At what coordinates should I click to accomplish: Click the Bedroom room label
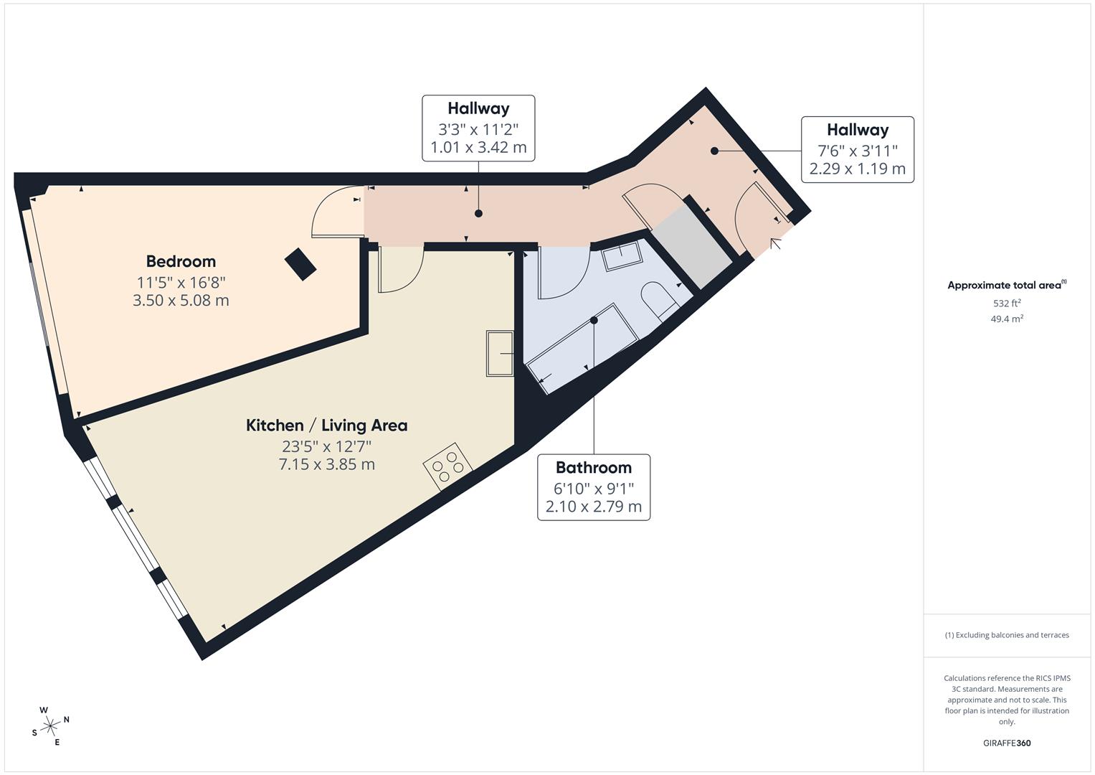pyautogui.click(x=181, y=261)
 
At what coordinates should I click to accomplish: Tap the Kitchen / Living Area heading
pyautogui.click(x=326, y=425)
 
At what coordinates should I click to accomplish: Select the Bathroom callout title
pyautogui.click(x=593, y=468)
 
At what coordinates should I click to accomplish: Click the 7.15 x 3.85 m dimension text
pyautogui.click(x=326, y=464)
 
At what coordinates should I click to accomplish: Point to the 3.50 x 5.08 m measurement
pyautogui.click(x=181, y=300)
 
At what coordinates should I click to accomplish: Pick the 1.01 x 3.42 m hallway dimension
pyautogui.click(x=478, y=148)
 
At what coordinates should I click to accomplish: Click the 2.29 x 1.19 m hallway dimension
pyautogui.click(x=857, y=169)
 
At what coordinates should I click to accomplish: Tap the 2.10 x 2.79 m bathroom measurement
pyautogui.click(x=593, y=507)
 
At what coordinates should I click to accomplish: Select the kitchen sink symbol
pyautogui.click(x=500, y=353)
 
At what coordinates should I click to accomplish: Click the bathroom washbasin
pyautogui.click(x=622, y=256)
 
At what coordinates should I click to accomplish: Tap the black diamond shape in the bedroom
pyautogui.click(x=300, y=264)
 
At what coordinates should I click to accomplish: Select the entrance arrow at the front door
pyautogui.click(x=776, y=244)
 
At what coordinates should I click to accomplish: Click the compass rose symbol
pyautogui.click(x=51, y=726)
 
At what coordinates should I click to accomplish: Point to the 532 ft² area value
pyautogui.click(x=1007, y=303)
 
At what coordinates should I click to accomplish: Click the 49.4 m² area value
pyautogui.click(x=1007, y=319)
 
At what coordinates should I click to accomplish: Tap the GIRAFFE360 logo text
pyautogui.click(x=1007, y=743)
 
